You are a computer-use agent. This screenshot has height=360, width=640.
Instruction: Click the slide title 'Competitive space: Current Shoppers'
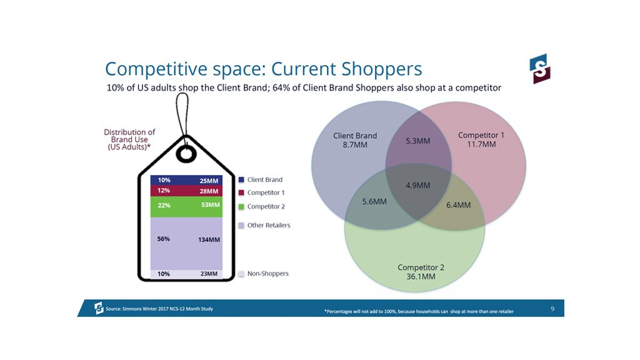click(x=263, y=69)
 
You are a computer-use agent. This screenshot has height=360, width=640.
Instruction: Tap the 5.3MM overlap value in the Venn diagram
click(x=417, y=141)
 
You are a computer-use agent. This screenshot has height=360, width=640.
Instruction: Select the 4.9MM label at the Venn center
click(x=417, y=185)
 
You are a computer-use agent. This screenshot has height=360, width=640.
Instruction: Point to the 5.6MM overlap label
click(x=374, y=201)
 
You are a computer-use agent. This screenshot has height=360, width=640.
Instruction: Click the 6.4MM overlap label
click(x=458, y=205)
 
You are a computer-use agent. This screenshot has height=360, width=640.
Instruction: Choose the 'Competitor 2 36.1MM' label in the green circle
click(x=421, y=272)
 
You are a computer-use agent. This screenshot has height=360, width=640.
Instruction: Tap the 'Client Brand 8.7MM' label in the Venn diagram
click(x=355, y=140)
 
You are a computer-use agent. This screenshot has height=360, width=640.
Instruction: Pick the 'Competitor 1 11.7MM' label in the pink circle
click(x=481, y=139)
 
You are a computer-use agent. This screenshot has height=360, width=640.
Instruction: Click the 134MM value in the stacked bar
click(x=209, y=239)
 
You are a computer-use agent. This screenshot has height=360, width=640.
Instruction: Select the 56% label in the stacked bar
click(x=163, y=239)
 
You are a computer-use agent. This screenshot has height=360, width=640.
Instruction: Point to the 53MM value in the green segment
click(x=210, y=204)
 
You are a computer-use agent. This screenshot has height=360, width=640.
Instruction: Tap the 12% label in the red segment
click(x=164, y=190)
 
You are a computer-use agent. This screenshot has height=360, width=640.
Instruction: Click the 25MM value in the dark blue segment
click(x=209, y=181)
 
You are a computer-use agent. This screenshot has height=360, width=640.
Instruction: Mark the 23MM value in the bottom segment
click(x=209, y=274)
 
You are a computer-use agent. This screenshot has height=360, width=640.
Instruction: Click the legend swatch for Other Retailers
click(x=241, y=225)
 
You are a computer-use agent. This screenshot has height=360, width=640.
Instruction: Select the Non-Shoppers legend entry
click(x=264, y=274)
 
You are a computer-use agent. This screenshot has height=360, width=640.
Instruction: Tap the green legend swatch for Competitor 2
click(x=241, y=206)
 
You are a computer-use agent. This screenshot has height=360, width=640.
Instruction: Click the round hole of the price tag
click(x=186, y=155)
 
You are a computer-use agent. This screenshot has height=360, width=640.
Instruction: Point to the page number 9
click(x=552, y=309)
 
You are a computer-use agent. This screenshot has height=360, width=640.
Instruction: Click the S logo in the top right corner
click(x=540, y=69)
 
